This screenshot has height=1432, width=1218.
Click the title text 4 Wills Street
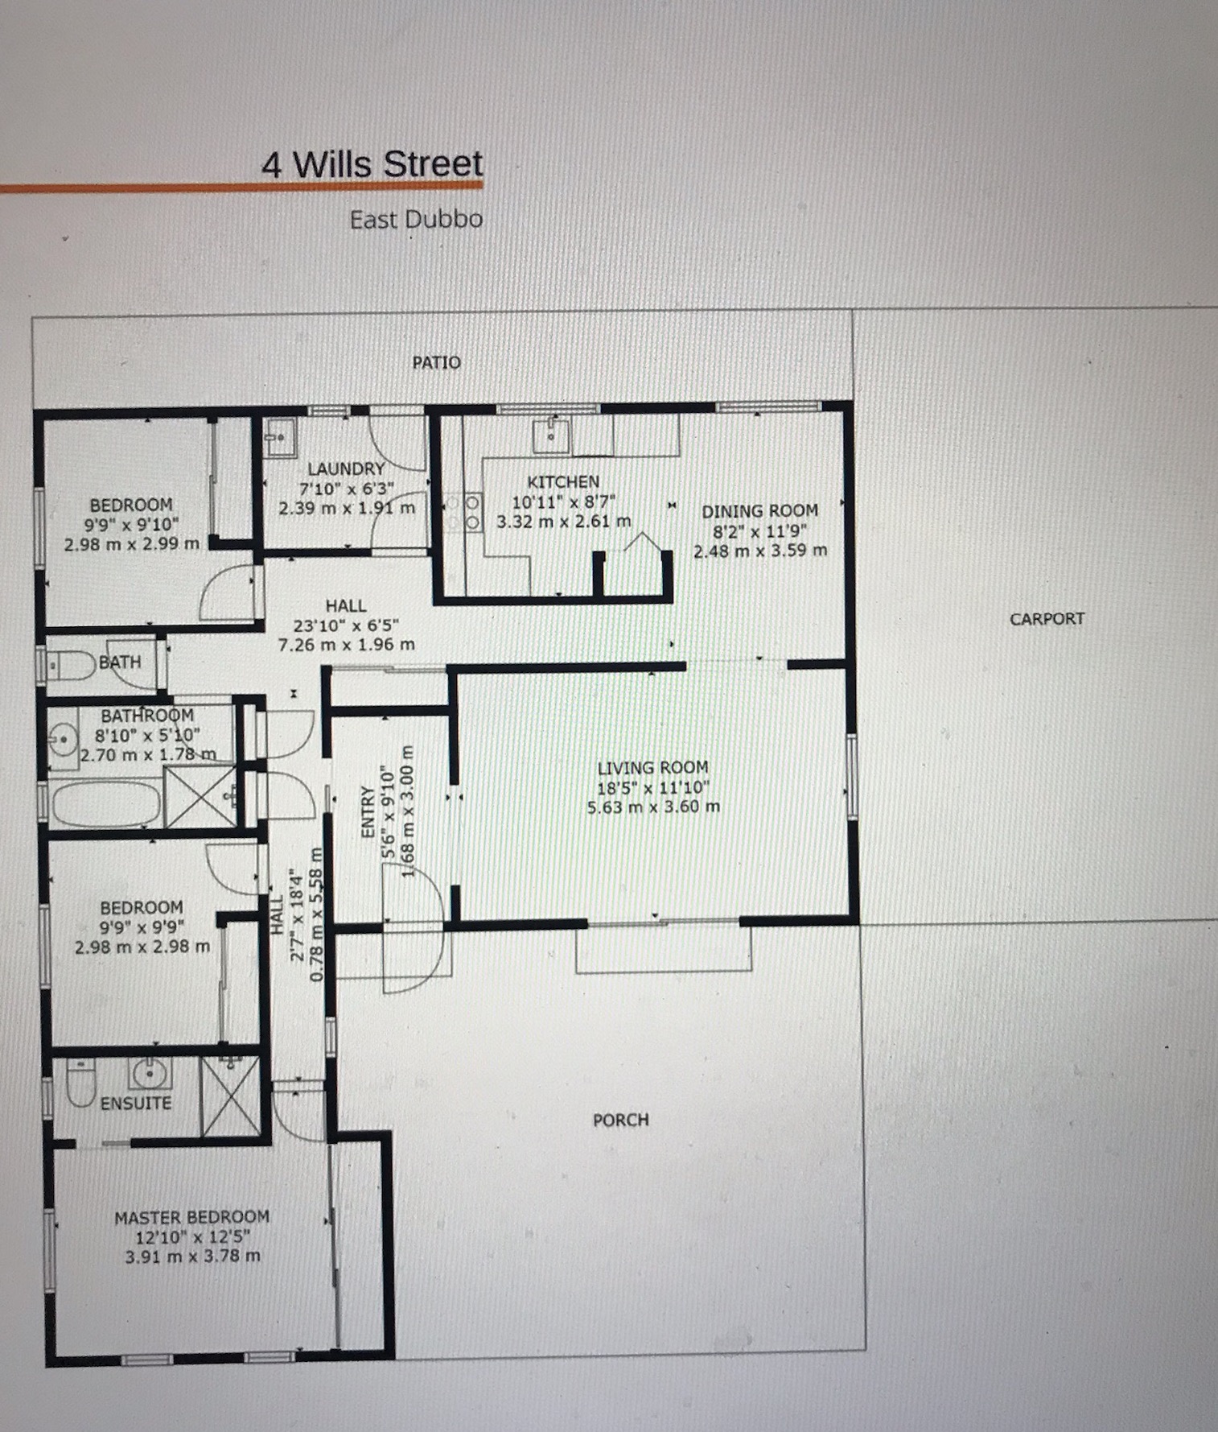pyautogui.click(x=372, y=164)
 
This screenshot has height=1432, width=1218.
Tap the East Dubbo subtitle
pyautogui.click(x=416, y=220)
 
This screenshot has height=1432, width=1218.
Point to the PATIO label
pyautogui.click(x=436, y=362)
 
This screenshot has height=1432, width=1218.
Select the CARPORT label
pyautogui.click(x=1047, y=619)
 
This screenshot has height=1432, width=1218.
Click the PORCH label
pyautogui.click(x=620, y=1120)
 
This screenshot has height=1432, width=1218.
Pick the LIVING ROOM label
pyautogui.click(x=652, y=768)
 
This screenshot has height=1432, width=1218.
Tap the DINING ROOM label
pyautogui.click(x=759, y=511)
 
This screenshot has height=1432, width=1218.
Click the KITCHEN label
pyautogui.click(x=563, y=482)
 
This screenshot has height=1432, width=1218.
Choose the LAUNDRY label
pyautogui.click(x=346, y=468)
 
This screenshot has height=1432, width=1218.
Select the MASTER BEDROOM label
pyautogui.click(x=191, y=1217)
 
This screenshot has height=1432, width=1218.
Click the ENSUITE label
pyautogui.click(x=135, y=1103)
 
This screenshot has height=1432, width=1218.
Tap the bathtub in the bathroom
pyautogui.click(x=105, y=803)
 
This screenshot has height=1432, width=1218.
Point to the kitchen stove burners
pyautogui.click(x=463, y=512)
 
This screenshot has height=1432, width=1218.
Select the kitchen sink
pyautogui.click(x=551, y=435)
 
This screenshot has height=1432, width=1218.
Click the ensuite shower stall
pyautogui.click(x=230, y=1096)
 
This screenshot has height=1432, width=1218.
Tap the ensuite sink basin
pyautogui.click(x=149, y=1074)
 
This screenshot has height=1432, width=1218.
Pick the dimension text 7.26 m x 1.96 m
pyautogui.click(x=346, y=645)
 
